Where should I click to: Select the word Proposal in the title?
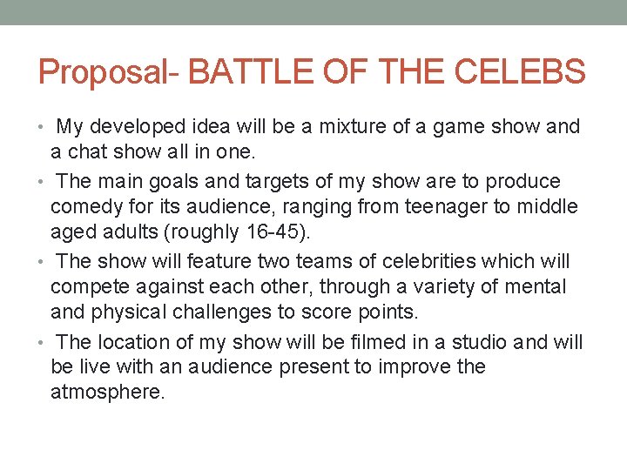coord(103,72)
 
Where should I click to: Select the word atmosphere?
coord(107,393)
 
